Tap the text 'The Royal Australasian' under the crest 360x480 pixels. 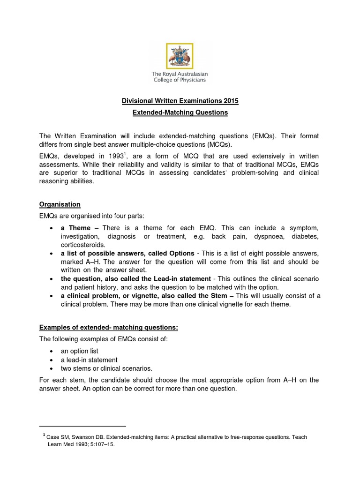[180, 74]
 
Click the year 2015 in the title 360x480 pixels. [230, 101]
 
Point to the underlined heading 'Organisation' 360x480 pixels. [60, 204]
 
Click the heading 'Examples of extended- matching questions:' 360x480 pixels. [108, 327]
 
